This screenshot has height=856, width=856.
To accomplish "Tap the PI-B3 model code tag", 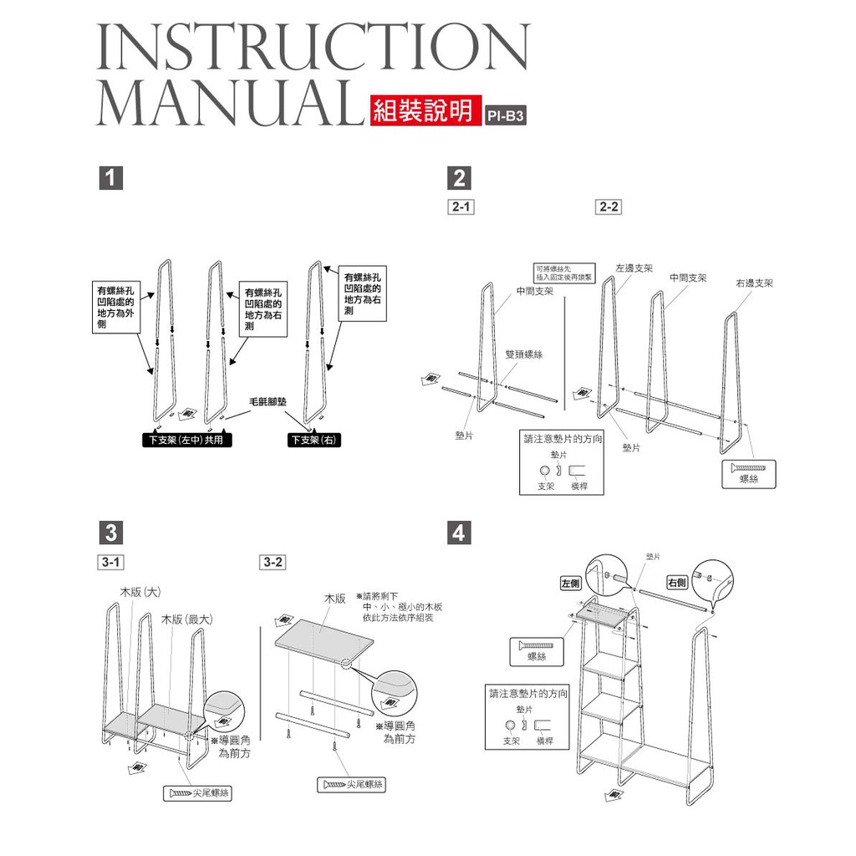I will coord(507,115).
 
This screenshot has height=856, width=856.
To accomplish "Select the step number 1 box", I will coord(110,178).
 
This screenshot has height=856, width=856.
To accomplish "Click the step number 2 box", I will coord(459,178).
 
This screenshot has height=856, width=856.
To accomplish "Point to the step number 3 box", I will coord(110,532).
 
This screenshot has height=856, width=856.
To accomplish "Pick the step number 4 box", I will coord(459,532).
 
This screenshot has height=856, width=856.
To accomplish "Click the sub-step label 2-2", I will coord(609,206).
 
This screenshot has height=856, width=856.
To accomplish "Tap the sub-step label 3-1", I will coord(111,563).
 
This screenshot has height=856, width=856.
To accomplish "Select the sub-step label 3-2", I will coord(273,563).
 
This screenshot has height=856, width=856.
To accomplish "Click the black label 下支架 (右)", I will coord(315,441).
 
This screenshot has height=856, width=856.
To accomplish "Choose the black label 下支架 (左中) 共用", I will coord(186,441).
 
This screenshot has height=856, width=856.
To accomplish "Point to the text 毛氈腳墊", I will coord(267,403).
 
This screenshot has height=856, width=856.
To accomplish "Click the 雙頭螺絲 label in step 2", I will coord(524,354).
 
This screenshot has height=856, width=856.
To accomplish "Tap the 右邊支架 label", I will coord(754,283).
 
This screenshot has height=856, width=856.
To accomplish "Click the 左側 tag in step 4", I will coord(571,583).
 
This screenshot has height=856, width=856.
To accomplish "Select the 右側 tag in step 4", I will coord(677,583).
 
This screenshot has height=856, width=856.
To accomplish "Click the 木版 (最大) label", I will coord(187,619).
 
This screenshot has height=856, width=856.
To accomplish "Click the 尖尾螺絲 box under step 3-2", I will coord(351,784).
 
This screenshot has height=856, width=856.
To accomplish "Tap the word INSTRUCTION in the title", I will coord(313,48).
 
